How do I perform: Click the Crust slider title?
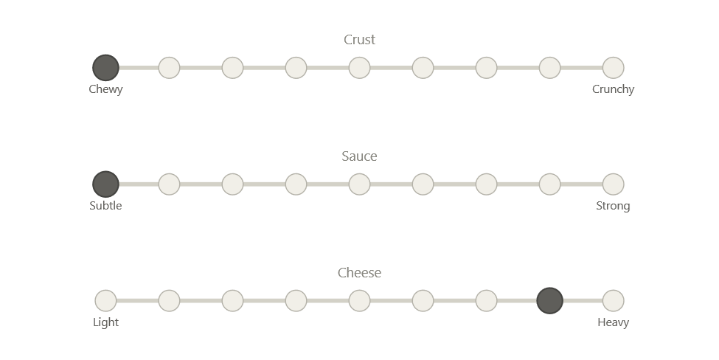click(360, 40)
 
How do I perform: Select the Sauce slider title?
click(360, 156)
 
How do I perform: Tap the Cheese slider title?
click(360, 273)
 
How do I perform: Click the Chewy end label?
click(105, 89)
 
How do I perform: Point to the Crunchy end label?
click(614, 89)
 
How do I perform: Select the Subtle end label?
click(105, 206)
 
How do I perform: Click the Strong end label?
click(614, 206)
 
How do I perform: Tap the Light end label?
click(105, 322)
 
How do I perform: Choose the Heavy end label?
click(614, 322)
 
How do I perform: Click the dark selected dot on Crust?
click(105, 68)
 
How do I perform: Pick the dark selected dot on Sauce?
click(105, 184)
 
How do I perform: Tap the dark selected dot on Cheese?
click(550, 301)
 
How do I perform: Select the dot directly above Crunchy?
click(614, 68)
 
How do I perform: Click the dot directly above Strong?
click(614, 184)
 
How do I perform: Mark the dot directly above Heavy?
click(614, 301)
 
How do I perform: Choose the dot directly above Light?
click(105, 301)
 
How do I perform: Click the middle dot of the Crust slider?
click(360, 68)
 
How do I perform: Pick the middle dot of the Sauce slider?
click(360, 184)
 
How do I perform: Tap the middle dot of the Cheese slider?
click(360, 301)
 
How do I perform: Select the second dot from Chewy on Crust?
click(169, 68)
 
